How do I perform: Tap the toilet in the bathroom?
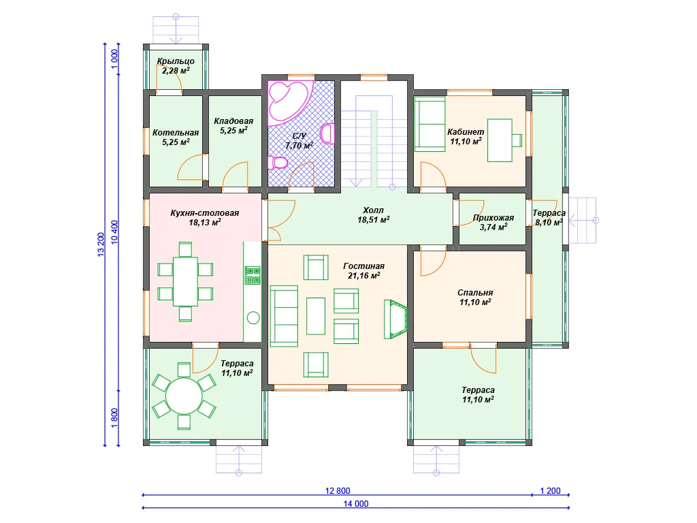[x=278, y=162]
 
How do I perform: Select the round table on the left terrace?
[x=184, y=396]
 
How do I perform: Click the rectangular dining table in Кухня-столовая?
[x=185, y=281]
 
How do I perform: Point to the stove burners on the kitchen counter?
[x=253, y=275]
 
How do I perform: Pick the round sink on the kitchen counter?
[x=253, y=317]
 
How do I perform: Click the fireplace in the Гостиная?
[x=395, y=319]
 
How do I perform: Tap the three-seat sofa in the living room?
[x=284, y=316]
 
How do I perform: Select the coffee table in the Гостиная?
[x=316, y=316]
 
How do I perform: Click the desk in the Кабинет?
[x=500, y=140]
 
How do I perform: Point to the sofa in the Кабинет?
[x=430, y=125]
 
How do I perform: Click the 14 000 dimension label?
[x=355, y=503]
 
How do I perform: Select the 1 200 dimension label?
[x=550, y=490]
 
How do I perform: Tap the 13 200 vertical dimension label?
[x=101, y=244]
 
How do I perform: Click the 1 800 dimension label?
[x=114, y=418]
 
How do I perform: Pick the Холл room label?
[x=374, y=210]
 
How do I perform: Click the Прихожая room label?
[x=493, y=217]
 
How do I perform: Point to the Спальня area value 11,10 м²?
[x=475, y=302]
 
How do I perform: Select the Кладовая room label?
[x=233, y=121]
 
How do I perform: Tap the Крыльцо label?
[x=176, y=61]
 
